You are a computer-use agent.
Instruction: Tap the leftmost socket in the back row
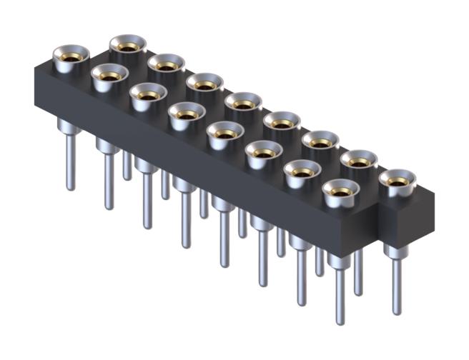point(128,45)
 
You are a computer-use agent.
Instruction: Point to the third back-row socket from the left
point(205,83)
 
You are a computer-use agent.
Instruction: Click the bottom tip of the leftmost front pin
point(70,188)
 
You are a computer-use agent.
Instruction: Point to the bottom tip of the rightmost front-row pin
point(340,321)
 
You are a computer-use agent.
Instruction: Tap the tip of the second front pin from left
point(109,207)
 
